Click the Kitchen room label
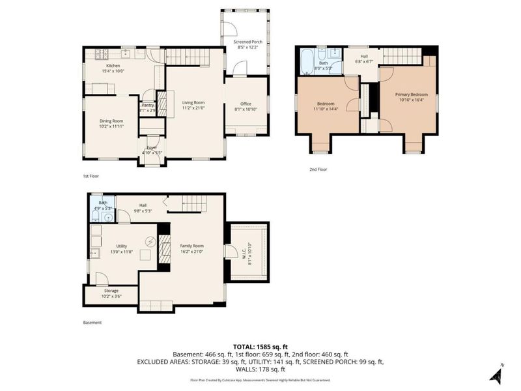pyautogui.click(x=113, y=66)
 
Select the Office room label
pyautogui.click(x=246, y=104)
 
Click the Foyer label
pyautogui.click(x=151, y=148)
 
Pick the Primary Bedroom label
pyautogui.click(x=410, y=94)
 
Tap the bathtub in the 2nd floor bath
pyautogui.click(x=305, y=65)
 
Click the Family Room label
pyautogui.click(x=193, y=246)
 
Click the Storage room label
pyautogui.click(x=111, y=291)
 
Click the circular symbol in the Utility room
pyautogui.click(x=150, y=242)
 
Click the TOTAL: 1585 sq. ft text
pyautogui.click(x=260, y=346)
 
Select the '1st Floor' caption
pyautogui.click(x=91, y=176)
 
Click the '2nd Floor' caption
pyautogui.click(x=318, y=169)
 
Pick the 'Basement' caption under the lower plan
pyautogui.click(x=92, y=322)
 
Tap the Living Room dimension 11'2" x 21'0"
pyautogui.click(x=193, y=108)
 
